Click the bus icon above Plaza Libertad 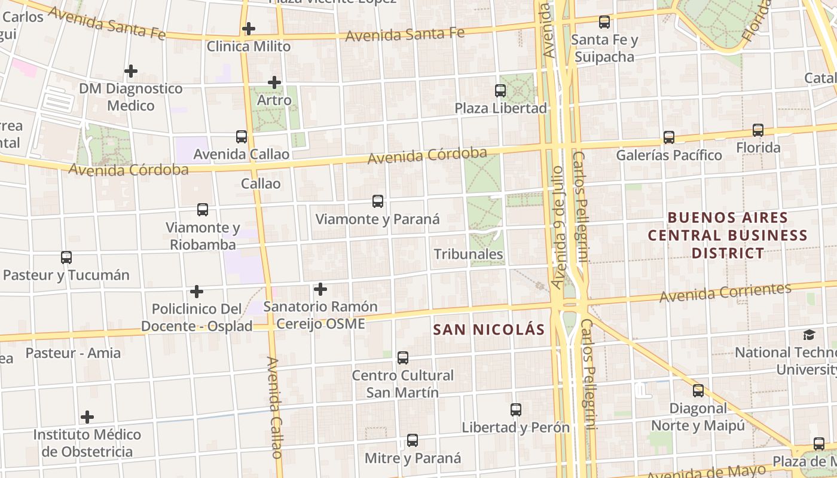500,91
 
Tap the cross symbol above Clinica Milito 249,28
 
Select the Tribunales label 468,255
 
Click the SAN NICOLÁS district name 489,330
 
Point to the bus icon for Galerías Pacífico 669,137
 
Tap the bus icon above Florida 758,130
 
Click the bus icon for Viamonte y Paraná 378,201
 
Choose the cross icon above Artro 274,82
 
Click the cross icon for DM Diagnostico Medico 131,72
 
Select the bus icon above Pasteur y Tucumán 66,258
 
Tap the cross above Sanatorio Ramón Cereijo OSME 320,290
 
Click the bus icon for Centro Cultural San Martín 403,358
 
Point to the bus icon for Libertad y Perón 516,410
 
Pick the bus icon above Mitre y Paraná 413,440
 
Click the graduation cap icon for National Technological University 809,335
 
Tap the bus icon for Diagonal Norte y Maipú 698,391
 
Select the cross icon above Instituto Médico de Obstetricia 87,416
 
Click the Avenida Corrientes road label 725,292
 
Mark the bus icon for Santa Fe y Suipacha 604,22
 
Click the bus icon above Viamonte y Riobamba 203,210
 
